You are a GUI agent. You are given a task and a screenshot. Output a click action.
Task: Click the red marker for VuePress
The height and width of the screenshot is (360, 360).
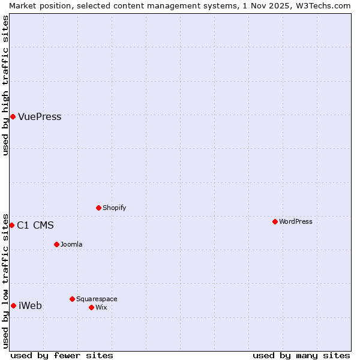coord(13,116)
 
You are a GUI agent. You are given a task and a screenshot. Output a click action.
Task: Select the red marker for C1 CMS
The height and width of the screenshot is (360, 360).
coord(11,225)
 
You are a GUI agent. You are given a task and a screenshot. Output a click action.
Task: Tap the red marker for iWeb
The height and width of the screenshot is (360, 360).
coord(13,305)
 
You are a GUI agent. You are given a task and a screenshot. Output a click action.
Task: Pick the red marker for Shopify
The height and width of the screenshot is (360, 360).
coord(98,208)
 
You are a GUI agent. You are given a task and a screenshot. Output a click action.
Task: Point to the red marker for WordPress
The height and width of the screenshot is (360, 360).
coord(275,221)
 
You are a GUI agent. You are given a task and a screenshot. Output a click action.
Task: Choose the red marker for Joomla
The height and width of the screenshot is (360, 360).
coord(56,244)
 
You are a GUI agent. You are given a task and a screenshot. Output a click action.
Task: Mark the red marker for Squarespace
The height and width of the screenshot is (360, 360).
coord(72,299)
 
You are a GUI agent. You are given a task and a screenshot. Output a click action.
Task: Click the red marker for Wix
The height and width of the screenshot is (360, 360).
coord(91,307)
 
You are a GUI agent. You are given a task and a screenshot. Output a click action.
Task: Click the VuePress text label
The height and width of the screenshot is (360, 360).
coord(40,117)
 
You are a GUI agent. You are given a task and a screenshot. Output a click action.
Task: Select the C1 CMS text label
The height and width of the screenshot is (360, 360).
coord(35,226)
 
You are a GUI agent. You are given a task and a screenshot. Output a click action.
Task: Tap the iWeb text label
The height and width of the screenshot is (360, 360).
coord(30,306)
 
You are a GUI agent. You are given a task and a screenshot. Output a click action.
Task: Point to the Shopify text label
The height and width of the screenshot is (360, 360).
coord(114,208)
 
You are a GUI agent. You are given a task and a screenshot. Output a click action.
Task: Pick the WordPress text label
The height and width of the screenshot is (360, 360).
coord(295,222)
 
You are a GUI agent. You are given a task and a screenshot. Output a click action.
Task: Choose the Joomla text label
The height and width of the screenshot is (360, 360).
coord(71,245)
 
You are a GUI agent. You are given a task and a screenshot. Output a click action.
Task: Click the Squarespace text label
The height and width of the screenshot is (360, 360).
coord(97,299)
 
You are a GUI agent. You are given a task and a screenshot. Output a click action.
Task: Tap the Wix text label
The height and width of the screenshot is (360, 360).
coord(101,308)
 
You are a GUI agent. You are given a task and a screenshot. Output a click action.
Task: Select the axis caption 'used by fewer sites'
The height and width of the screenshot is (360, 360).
coord(62,355)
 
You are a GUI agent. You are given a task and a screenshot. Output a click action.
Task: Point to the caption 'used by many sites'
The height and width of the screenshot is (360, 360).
coord(301,355)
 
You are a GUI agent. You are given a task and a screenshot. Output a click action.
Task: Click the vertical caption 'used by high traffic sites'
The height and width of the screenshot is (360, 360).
coord(5,85)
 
